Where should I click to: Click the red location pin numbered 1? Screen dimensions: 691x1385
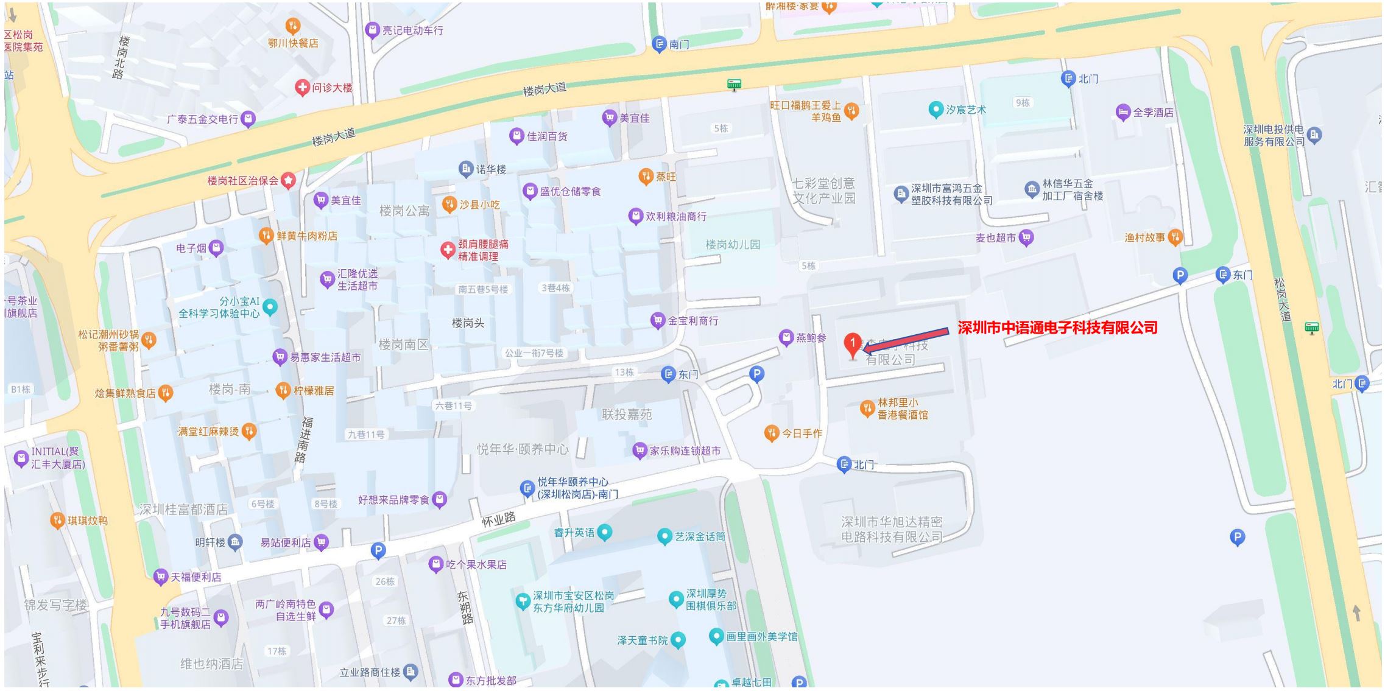click(853, 345)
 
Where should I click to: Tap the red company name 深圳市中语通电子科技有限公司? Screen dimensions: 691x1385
click(1057, 328)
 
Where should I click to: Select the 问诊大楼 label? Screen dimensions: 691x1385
click(332, 88)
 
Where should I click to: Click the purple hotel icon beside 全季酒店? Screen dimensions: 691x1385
click(1123, 112)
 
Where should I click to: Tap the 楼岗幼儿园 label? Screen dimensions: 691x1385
click(733, 245)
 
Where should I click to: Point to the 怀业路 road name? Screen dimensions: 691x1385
click(499, 519)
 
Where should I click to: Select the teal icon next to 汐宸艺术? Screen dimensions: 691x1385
click(936, 110)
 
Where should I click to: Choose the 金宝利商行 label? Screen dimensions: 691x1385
click(693, 321)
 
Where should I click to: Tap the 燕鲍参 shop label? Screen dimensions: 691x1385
click(811, 337)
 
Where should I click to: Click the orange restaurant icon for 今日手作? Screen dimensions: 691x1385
click(772, 433)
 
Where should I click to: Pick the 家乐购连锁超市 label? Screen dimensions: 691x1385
click(685, 451)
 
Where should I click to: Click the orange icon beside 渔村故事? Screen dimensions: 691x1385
click(1175, 237)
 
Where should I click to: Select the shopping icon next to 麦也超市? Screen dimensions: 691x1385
click(1026, 237)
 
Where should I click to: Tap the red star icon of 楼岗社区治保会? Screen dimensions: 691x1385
click(288, 180)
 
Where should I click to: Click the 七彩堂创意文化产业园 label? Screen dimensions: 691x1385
click(823, 191)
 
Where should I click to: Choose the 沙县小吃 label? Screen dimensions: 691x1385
click(479, 205)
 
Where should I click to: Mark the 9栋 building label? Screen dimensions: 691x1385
click(1023, 103)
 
